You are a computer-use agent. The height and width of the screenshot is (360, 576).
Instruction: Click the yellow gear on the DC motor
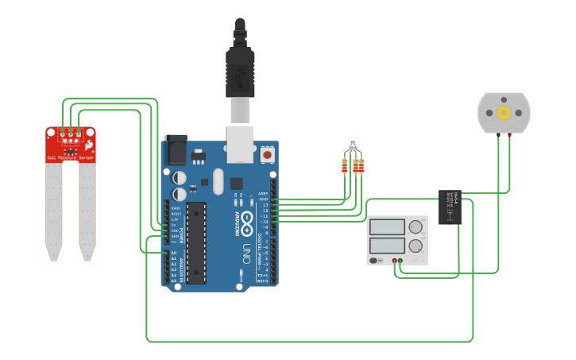[x=504, y=112]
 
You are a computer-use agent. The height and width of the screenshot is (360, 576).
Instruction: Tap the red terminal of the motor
[x=509, y=136]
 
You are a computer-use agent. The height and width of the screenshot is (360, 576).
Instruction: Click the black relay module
[x=450, y=207]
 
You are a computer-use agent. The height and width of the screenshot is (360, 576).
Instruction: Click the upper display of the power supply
[x=388, y=226]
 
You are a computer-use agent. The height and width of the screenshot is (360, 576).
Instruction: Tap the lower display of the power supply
[x=388, y=246]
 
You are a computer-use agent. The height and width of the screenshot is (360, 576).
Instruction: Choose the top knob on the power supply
[x=416, y=227]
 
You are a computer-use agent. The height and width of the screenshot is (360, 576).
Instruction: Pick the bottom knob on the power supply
[x=416, y=246]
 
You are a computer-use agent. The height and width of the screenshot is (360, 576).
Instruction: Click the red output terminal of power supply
[x=394, y=260]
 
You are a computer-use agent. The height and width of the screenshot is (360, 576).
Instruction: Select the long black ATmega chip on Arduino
[x=196, y=242]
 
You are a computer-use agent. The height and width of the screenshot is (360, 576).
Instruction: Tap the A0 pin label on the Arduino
[x=173, y=254]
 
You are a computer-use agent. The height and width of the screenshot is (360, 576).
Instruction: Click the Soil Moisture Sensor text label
[x=70, y=158]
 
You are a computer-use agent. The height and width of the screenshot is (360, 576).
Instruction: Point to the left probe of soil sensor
[x=53, y=207]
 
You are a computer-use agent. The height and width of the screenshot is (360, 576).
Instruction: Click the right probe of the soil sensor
[x=87, y=207]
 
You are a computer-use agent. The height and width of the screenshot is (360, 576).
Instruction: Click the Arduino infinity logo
[x=247, y=218]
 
